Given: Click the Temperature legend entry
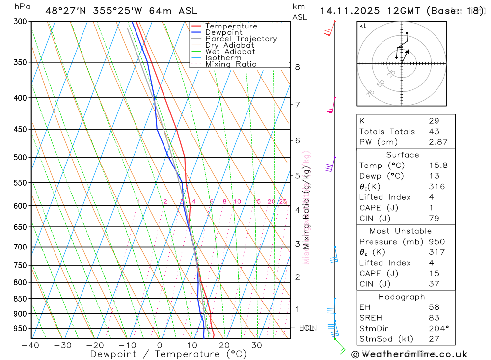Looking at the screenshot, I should (231, 26).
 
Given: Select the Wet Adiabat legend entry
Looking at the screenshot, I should (230, 52).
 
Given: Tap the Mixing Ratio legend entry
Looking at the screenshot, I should (231, 64).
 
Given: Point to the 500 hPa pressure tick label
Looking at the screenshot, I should (21, 157).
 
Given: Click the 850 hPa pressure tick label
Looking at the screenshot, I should (21, 299).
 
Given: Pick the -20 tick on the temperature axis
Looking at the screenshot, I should (95, 345).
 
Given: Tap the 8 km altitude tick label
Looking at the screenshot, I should (298, 67).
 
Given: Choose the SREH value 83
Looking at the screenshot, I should (434, 318).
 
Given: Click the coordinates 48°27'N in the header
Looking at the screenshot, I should (67, 11).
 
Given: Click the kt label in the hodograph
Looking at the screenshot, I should (363, 26).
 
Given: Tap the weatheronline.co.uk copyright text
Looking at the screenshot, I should (409, 354).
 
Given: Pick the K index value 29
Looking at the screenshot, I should (434, 121).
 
